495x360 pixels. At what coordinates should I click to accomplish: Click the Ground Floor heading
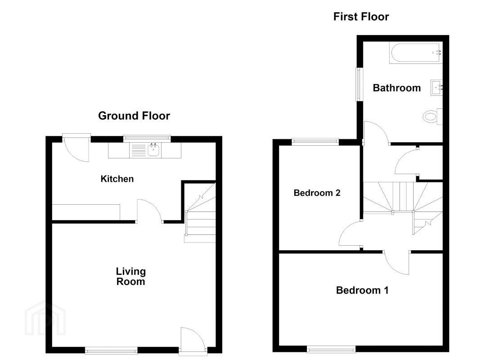coord(134,116)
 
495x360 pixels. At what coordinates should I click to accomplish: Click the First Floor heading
coord(361,16)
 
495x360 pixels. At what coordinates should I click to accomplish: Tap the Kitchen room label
coord(117,179)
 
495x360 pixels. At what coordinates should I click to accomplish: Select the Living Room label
coord(130,276)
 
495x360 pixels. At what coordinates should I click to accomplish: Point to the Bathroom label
coord(396,88)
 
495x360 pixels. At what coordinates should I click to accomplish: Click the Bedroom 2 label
coord(317,193)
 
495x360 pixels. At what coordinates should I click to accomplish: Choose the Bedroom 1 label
coord(362,290)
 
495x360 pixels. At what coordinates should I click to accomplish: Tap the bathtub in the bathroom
coord(416,53)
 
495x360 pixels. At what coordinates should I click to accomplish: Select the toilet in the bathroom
coord(432,117)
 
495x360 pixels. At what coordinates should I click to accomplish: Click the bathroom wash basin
coord(436,87)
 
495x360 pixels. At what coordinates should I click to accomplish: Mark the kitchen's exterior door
coord(76,148)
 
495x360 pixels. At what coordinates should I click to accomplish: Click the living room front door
coord(193,339)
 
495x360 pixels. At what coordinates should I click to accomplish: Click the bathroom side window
coord(360,84)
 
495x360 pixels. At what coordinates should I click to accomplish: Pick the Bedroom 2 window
coord(315,142)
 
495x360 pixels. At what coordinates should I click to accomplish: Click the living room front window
coord(111,350)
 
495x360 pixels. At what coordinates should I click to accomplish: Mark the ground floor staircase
coord(200,213)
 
